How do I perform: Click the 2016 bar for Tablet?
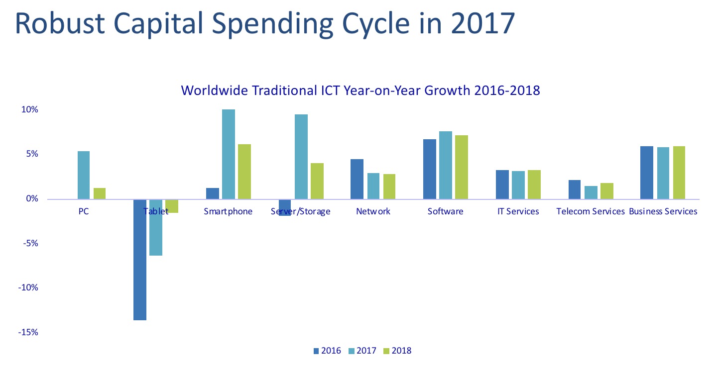[140, 259]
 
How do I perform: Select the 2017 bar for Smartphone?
[229, 154]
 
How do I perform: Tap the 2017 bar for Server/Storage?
[301, 157]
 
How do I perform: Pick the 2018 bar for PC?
[100, 193]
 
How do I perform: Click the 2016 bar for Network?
[357, 179]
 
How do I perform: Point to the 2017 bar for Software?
[446, 165]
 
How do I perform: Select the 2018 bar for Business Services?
[679, 173]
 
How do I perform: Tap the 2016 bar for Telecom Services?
[574, 189]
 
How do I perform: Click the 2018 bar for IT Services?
[534, 184]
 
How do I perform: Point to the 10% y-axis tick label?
[28, 110]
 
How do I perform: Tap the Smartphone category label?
[228, 211]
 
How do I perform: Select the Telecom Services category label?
[591, 211]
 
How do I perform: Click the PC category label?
[84, 211]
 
